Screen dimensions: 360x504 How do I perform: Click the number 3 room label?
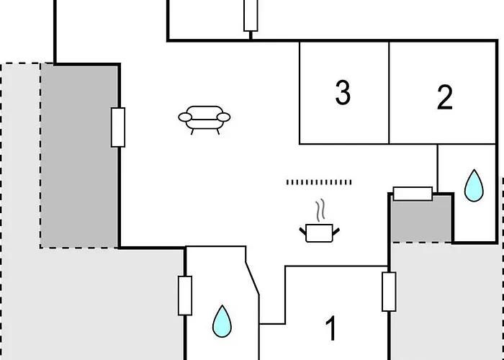(343, 93)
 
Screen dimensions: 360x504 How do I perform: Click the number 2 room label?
(445, 97)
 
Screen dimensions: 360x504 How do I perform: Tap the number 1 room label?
(330, 329)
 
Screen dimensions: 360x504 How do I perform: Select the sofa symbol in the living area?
(204, 120)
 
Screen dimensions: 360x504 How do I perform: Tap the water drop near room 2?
(473, 185)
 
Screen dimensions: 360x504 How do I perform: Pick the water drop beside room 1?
(222, 321)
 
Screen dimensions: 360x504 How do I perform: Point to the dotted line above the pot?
(319, 182)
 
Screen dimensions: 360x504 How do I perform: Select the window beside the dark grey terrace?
(118, 127)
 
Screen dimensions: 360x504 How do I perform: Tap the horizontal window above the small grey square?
(413, 194)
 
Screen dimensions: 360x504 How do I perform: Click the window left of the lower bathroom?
(185, 295)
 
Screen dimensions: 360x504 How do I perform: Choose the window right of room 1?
(389, 292)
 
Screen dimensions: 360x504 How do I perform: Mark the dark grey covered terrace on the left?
(79, 155)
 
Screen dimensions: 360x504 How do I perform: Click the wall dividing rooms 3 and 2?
(390, 92)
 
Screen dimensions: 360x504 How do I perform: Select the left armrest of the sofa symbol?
(184, 117)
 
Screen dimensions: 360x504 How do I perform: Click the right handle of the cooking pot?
(335, 229)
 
